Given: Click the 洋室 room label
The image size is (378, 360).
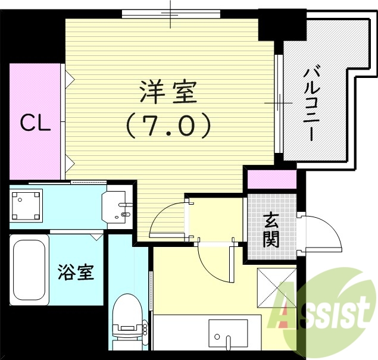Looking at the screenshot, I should [168, 94].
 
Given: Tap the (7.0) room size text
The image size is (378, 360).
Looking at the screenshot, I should [168, 125].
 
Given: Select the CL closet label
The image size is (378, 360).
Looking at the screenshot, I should [35, 123].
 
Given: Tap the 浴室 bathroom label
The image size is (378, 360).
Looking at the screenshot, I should [76, 273].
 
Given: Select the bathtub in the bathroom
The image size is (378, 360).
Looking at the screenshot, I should [30, 271].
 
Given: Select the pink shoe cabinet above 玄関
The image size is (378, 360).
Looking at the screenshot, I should [271, 179].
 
